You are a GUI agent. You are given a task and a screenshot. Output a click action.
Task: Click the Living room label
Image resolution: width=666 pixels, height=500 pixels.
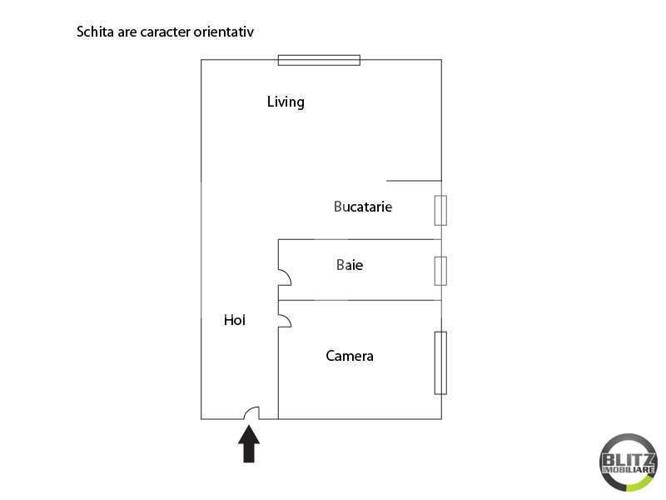286,102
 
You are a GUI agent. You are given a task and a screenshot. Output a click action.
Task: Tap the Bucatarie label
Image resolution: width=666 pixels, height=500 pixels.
362,207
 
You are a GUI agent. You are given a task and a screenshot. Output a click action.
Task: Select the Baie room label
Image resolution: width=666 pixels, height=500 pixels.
350,266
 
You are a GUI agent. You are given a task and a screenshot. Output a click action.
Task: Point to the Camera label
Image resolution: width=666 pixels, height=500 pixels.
350,357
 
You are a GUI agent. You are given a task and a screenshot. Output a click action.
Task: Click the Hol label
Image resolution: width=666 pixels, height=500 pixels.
235,320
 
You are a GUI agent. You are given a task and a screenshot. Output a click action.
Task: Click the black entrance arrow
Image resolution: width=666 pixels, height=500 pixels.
249,444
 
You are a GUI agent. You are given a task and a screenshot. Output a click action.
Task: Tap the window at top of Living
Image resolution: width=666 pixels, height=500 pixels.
319,59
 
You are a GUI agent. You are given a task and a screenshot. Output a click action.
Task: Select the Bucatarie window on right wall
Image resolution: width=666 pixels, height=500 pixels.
440,210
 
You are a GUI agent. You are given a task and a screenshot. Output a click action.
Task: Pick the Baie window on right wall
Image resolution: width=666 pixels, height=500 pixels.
440,271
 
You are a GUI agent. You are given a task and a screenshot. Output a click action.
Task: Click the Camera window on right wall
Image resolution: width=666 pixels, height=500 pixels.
440,362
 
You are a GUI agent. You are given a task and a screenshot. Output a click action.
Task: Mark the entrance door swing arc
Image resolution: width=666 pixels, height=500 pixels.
251,412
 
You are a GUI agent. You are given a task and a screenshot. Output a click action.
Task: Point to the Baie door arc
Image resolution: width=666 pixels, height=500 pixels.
284,277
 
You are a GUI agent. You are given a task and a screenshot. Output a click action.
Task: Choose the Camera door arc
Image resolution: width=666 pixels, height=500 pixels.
284,320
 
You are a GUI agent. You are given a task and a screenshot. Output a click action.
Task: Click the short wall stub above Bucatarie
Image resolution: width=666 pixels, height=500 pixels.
414,180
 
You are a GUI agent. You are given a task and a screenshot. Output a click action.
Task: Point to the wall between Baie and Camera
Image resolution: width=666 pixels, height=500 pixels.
360,300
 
